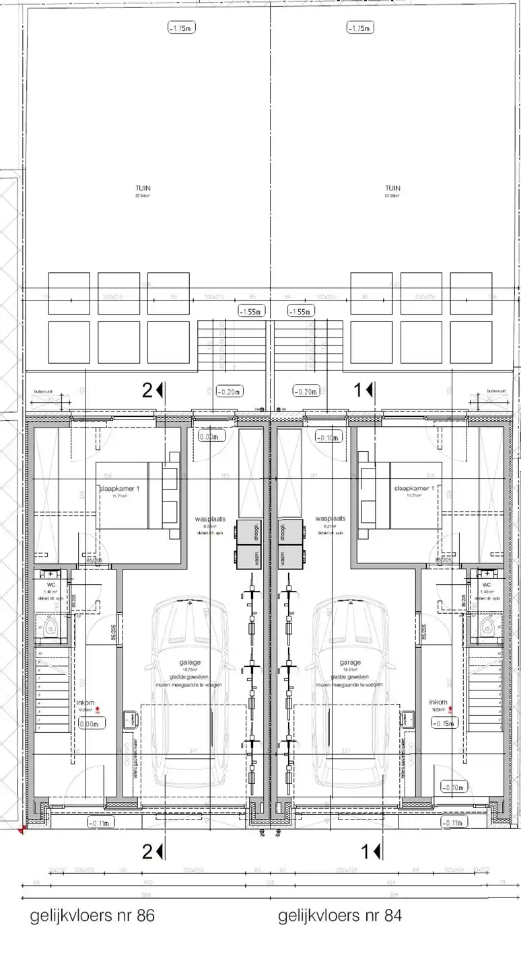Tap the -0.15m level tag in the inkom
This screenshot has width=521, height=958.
444,724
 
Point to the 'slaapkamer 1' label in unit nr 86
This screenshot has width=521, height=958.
119,489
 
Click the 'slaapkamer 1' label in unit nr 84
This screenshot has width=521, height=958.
423,489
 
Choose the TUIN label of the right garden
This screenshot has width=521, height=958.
392,188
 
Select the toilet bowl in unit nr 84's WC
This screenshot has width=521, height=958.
489,626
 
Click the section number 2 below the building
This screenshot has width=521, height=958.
147,852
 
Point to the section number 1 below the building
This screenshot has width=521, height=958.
366,852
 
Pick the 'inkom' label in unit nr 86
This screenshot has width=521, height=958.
85,703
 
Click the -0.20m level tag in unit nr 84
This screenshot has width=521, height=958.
305,391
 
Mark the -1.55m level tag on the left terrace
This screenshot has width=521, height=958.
252,311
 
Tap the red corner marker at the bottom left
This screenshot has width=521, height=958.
23,830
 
